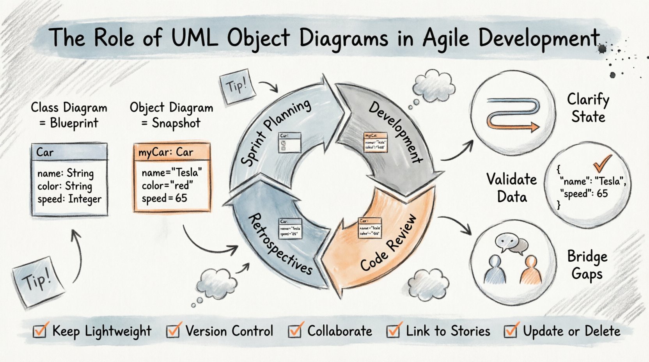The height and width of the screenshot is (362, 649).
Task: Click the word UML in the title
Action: click(194, 38)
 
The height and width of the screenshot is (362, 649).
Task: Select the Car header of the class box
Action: click(69, 152)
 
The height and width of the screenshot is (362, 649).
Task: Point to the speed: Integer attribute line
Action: click(69, 199)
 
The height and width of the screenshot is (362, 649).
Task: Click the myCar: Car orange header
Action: click(172, 152)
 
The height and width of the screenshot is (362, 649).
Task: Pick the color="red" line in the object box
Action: click(167, 185)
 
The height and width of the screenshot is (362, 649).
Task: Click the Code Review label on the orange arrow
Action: click(388, 243)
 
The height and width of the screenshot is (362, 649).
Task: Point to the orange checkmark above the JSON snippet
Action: click(602, 163)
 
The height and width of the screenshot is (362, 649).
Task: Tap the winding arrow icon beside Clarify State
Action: click(512, 114)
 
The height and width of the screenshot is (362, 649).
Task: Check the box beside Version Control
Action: click(173, 331)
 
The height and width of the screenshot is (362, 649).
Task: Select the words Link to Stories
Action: click(448, 331)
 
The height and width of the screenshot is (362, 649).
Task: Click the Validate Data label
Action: click(511, 188)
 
